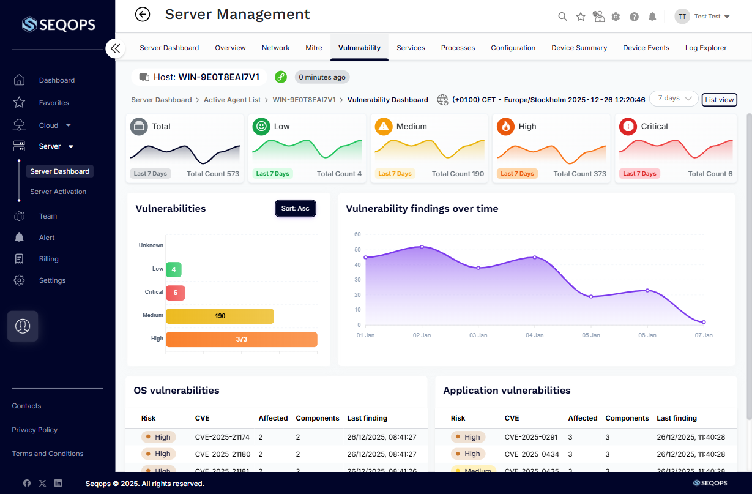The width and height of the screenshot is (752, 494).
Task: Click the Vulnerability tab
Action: pyautogui.click(x=359, y=48)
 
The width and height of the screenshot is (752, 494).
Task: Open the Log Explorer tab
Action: pyautogui.click(x=705, y=48)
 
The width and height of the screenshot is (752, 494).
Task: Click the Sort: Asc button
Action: pyautogui.click(x=295, y=209)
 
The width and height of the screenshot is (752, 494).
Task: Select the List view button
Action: pyautogui.click(x=719, y=100)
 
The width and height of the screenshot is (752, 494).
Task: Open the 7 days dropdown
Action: pyautogui.click(x=673, y=99)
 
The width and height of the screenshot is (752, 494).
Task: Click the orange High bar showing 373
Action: pyautogui.click(x=241, y=339)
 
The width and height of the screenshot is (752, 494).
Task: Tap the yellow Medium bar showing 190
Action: pyautogui.click(x=220, y=316)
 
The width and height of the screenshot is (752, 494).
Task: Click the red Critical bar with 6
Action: pyautogui.click(x=175, y=293)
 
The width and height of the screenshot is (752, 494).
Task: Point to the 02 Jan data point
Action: pyautogui.click(x=422, y=247)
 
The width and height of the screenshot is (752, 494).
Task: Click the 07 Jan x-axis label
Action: pyautogui.click(x=703, y=335)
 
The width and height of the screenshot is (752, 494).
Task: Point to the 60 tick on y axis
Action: pyautogui.click(x=357, y=234)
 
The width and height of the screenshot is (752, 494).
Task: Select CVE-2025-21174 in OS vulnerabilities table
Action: pyautogui.click(x=222, y=437)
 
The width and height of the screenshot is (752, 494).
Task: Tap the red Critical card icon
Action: pyautogui.click(x=628, y=127)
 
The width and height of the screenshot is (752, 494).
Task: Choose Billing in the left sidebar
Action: pyautogui.click(x=48, y=259)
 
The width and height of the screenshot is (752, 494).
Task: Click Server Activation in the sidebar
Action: pyautogui.click(x=58, y=192)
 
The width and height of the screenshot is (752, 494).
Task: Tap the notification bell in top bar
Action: pyautogui.click(x=652, y=17)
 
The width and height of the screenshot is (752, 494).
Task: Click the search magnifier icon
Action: pyautogui.click(x=562, y=17)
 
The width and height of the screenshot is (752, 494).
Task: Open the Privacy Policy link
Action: pyautogui.click(x=34, y=430)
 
